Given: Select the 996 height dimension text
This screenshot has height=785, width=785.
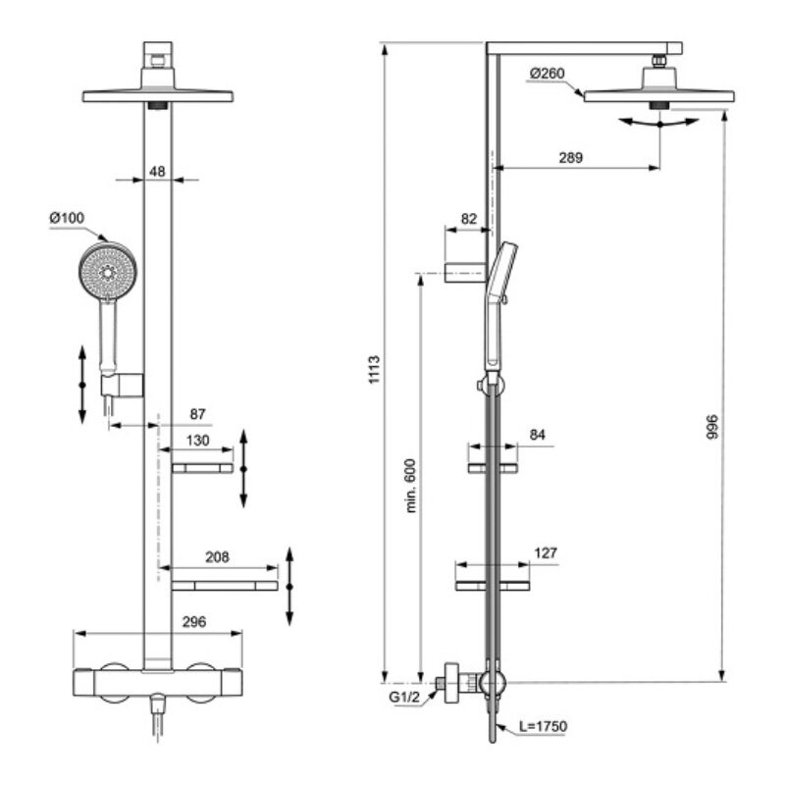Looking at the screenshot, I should click(713, 428).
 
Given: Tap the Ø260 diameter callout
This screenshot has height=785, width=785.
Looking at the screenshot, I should click(548, 73).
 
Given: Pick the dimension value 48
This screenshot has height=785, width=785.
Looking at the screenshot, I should click(157, 171).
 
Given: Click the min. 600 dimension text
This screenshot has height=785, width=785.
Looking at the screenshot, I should click(411, 485).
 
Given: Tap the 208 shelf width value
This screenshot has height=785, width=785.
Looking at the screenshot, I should click(218, 557).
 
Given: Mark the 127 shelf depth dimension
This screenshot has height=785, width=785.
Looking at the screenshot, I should click(545, 553).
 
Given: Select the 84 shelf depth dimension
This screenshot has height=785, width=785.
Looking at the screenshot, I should click(536, 434).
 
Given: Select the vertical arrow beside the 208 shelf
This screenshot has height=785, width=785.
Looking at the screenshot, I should click(289, 586).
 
